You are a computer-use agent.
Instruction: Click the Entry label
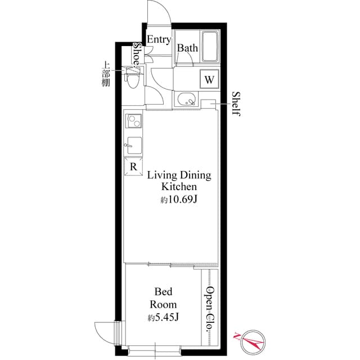coord(159,39)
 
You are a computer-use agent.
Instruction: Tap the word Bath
coord(188,48)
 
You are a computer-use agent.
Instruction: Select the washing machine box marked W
coord(209,79)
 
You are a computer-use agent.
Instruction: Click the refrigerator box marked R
coord(133,166)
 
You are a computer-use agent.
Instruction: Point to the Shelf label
coord(236,103)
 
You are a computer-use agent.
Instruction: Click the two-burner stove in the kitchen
coord(133,121)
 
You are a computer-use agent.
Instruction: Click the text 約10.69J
coord(179,199)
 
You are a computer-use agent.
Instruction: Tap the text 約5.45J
coord(163,318)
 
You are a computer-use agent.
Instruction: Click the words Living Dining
coord(179,175)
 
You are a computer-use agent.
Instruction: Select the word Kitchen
coord(179,187)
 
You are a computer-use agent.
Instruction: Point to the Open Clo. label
coord(209,308)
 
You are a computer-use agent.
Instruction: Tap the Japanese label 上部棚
coord(106,73)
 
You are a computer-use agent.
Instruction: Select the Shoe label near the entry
coord(137,54)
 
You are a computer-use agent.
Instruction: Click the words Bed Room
coord(163,298)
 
